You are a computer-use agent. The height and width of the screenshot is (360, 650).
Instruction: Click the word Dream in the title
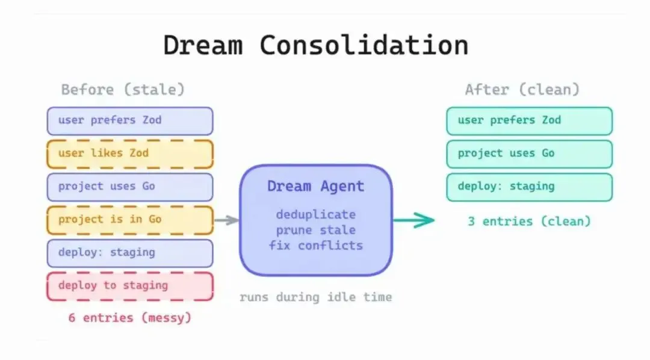203,46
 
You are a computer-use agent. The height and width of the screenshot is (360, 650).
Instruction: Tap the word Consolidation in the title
364,46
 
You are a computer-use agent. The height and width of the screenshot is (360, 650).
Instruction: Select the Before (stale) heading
123,90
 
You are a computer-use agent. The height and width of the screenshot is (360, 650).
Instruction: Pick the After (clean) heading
522,90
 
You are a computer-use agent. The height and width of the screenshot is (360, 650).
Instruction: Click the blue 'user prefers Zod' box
130,120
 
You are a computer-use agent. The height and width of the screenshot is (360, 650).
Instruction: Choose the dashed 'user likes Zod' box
130,154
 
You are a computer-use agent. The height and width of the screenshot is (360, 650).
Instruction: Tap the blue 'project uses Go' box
130,187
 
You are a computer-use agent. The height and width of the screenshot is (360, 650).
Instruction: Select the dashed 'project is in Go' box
130,220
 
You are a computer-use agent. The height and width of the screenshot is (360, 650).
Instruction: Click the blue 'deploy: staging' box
130,253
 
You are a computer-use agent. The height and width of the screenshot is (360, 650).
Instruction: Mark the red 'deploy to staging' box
130,286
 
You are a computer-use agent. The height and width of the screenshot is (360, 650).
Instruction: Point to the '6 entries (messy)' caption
129,317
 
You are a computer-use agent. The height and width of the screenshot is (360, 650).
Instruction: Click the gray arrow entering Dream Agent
227,220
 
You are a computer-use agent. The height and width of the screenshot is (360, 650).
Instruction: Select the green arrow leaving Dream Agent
414,220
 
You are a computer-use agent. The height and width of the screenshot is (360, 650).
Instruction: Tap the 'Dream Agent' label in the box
316,187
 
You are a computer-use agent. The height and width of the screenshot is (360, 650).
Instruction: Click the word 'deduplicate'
316,214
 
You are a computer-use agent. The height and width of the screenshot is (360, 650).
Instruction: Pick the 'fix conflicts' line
316,246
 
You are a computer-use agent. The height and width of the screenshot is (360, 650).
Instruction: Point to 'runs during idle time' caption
315,297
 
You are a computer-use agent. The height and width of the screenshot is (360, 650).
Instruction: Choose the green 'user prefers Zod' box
529,120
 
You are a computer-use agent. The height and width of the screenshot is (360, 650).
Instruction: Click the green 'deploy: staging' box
529,187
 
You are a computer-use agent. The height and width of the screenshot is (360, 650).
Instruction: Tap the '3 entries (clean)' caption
529,221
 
